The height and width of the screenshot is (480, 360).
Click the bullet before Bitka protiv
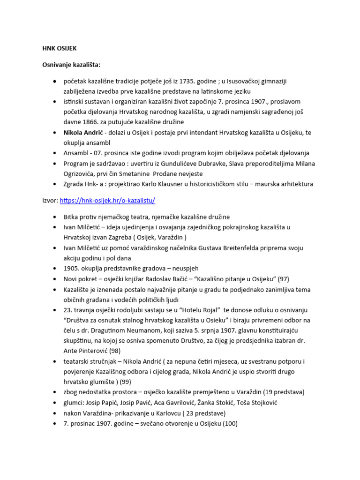[55, 217]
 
